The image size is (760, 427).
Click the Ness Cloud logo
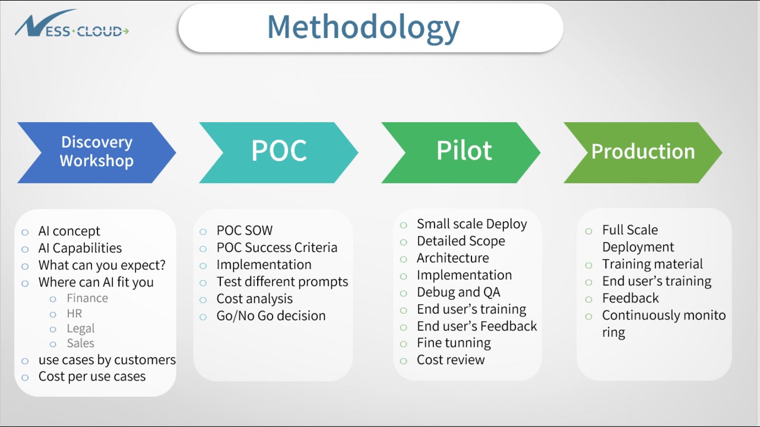click(x=71, y=26)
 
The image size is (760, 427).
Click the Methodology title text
click(x=363, y=27)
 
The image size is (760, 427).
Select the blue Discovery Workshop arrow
click(x=96, y=152)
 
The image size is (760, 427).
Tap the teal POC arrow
click(x=278, y=152)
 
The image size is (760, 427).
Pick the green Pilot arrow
click(x=464, y=152)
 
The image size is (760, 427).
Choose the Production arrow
click(x=642, y=152)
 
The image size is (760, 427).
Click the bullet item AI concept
click(x=69, y=231)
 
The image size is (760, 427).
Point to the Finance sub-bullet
click(x=87, y=298)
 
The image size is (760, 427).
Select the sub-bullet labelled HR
click(x=74, y=314)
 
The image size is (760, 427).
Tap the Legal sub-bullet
click(x=80, y=329)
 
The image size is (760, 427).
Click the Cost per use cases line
click(x=92, y=377)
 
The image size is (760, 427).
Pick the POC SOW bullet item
click(x=244, y=231)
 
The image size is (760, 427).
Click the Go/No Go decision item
click(x=271, y=316)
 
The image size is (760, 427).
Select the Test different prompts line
click(x=282, y=282)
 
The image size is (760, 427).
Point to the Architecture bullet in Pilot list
click(x=452, y=258)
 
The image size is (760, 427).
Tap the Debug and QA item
click(x=458, y=292)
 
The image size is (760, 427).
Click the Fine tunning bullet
click(x=454, y=343)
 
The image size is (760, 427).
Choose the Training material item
click(x=652, y=265)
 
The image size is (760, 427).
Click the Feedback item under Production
click(x=631, y=298)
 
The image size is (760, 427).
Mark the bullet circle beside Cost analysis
click(x=204, y=299)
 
